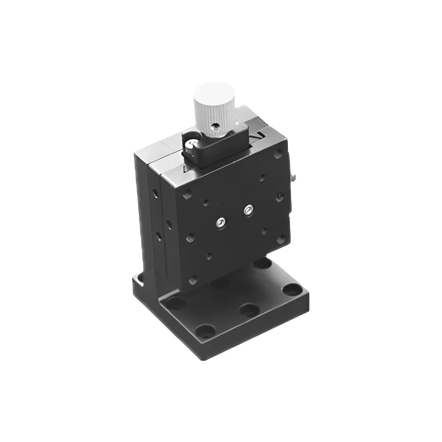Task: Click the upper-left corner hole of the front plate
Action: [187, 195]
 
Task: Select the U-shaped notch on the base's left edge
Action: [138, 283]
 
